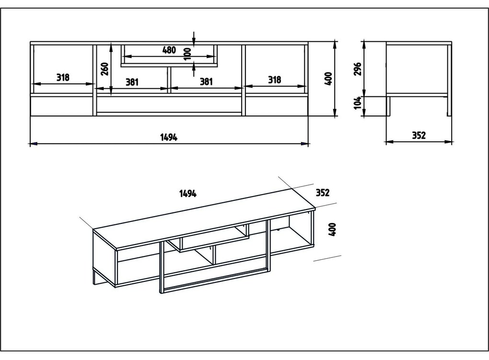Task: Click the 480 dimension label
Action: (169, 50)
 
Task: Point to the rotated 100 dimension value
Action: (188, 54)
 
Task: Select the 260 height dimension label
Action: (105, 69)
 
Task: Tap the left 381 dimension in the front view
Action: (132, 82)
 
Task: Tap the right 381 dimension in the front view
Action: (206, 81)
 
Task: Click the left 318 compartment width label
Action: (63, 77)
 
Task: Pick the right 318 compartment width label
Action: (274, 80)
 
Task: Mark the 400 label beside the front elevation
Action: (328, 79)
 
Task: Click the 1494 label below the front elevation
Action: (169, 137)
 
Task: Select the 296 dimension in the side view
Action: (358, 69)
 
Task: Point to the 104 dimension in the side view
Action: (358, 103)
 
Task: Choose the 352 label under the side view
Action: (419, 135)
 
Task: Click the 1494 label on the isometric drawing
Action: (188, 194)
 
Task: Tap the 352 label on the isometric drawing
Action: (323, 193)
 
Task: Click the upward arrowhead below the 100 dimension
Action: (194, 65)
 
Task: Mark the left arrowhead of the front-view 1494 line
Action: (34, 144)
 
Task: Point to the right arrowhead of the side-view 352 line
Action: (449, 141)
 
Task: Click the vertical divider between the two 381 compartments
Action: (169, 80)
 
